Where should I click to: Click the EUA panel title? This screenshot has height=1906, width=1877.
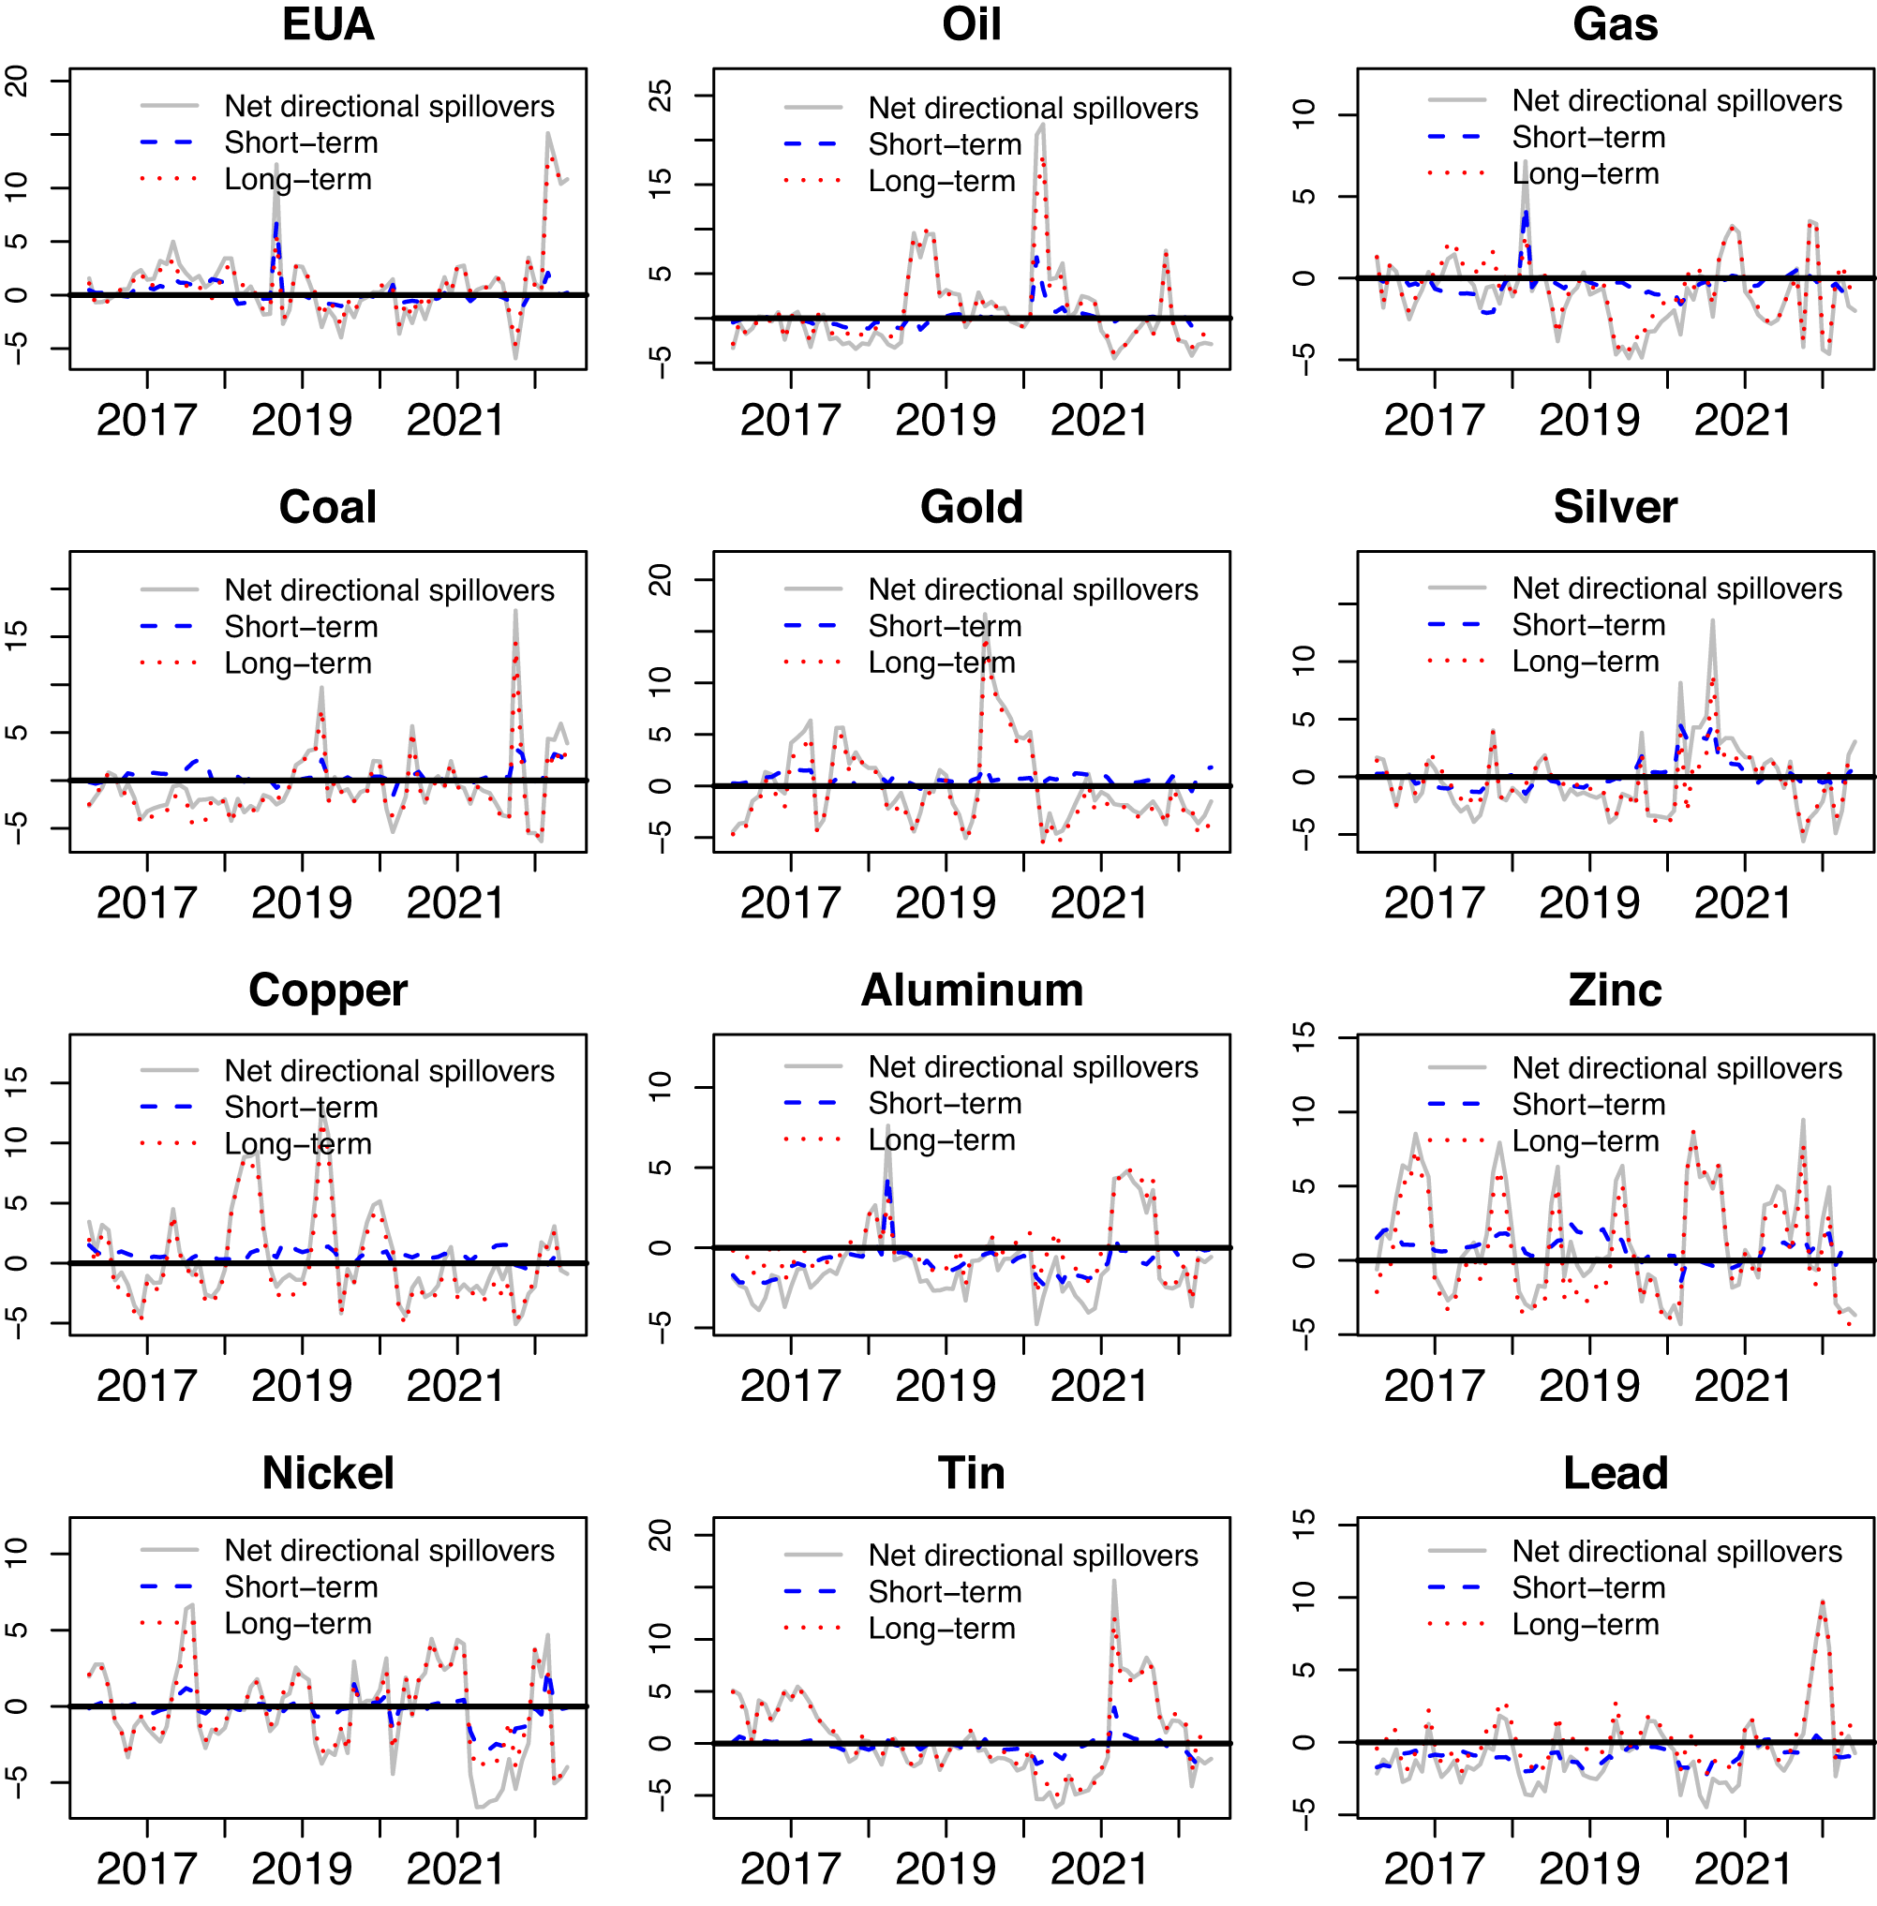pos(328,23)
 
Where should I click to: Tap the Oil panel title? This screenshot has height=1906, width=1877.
pos(971,23)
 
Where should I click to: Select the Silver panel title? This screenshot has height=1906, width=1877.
pos(1615,507)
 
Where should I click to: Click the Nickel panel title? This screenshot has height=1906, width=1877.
pos(328,1473)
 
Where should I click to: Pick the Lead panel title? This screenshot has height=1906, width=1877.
pos(1615,1473)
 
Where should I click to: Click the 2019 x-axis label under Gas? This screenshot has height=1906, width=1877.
pos(1589,420)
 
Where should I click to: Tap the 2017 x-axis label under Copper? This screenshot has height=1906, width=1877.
pos(147,1386)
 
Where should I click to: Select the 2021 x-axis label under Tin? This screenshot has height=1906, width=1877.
pos(1100,1869)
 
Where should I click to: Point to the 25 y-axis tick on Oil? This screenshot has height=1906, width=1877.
pos(660,96)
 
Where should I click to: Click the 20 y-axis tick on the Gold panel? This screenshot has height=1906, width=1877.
pos(660,580)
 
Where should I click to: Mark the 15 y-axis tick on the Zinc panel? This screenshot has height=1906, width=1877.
pos(1303,1037)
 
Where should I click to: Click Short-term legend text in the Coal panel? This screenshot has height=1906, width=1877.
pos(301,626)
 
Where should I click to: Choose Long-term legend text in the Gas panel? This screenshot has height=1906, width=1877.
pos(1586,173)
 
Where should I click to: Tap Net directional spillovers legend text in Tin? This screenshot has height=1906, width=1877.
pos(1033,1555)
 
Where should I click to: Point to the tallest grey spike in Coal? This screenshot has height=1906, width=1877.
pos(514,610)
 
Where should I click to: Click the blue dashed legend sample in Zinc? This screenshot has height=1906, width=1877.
pos(1455,1105)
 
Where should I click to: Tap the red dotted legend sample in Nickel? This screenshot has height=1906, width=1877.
pos(170,1623)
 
